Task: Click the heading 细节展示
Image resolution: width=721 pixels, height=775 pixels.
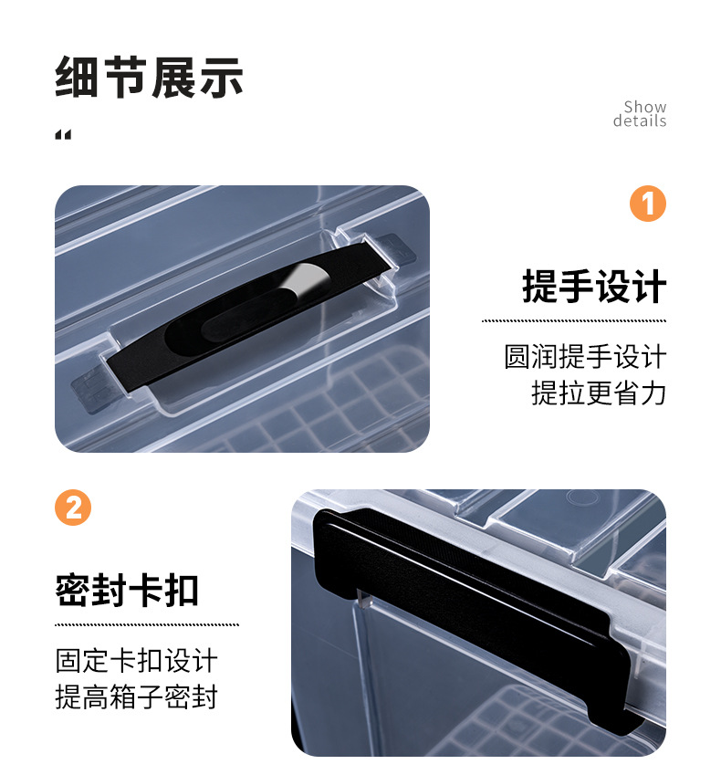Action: [149, 78]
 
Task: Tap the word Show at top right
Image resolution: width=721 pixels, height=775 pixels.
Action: [645, 108]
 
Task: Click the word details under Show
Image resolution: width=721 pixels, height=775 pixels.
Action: [640, 121]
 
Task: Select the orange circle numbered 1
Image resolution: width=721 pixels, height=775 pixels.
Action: [648, 204]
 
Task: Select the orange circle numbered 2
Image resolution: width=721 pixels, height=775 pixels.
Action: [73, 508]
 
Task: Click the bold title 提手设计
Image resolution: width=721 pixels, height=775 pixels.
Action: [594, 287]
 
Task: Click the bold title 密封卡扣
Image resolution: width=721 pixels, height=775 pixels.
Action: [127, 591]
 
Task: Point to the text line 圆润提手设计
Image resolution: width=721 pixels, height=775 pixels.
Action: [585, 356]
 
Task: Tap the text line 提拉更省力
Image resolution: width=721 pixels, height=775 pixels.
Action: [599, 393]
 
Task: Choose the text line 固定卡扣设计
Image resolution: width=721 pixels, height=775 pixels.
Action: [137, 660]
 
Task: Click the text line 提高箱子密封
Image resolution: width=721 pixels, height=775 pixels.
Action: [137, 697]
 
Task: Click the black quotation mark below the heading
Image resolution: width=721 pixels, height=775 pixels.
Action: [63, 136]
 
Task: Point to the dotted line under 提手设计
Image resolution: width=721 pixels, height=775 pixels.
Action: [574, 320]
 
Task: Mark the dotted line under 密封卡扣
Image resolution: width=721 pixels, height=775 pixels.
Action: [146, 624]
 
